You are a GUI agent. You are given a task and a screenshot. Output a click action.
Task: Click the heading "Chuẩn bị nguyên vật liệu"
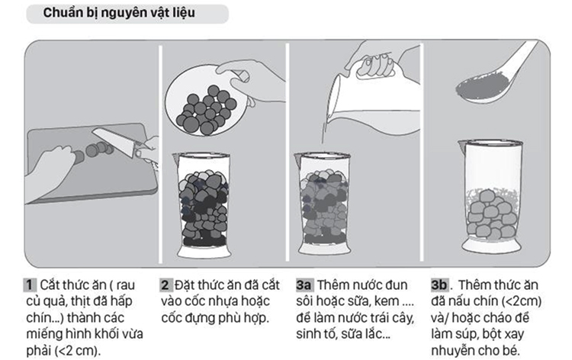[119, 13]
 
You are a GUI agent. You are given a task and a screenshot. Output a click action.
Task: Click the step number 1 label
[30, 284]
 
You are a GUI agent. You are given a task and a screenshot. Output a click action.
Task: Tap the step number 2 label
[165, 284]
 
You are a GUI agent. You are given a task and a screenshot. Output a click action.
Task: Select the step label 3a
[304, 284]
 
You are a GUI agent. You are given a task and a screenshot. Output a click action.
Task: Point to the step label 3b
[439, 284]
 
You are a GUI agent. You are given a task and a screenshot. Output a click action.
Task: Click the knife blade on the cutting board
[114, 141]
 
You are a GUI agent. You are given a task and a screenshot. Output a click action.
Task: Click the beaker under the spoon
[490, 196]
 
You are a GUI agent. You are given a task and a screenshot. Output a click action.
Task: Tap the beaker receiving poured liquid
[323, 204]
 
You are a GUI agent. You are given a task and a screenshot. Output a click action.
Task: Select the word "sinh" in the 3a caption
[308, 334]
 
